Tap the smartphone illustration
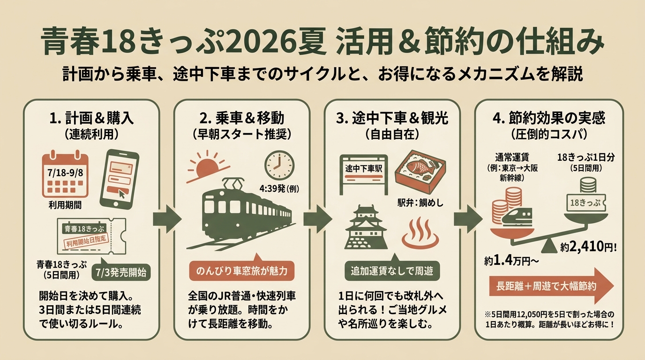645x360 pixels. (119, 179)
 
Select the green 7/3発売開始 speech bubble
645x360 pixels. (121, 271)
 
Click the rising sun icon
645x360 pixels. (208, 167)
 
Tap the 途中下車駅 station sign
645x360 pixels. (364, 174)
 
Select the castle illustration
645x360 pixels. (366, 227)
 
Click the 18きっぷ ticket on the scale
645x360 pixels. (585, 203)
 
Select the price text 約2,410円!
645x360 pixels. (588, 247)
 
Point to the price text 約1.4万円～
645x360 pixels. (511, 261)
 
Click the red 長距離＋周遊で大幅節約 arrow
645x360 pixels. (551, 285)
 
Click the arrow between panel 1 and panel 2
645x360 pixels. (167, 219)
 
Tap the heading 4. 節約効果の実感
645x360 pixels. (548, 118)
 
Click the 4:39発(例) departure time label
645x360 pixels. (279, 188)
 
